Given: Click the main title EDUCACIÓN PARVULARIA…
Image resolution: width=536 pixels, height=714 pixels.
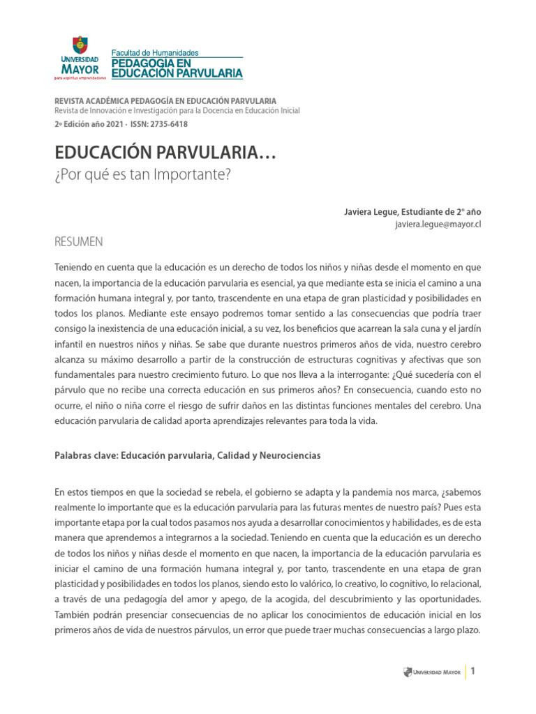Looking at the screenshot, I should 165,153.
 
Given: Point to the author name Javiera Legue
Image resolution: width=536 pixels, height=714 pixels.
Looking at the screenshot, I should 370,212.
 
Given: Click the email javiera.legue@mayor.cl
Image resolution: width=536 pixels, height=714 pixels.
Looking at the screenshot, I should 438,225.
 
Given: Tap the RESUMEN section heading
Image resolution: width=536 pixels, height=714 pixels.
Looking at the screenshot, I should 78,242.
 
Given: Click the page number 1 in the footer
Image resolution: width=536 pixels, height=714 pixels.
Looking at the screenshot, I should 472,672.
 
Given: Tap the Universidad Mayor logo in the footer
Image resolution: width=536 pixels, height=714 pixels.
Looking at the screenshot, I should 432,673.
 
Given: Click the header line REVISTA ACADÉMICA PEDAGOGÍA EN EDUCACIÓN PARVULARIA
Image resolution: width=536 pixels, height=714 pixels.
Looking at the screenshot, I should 165,101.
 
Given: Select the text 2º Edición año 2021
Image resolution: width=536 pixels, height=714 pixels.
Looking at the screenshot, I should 89,124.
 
